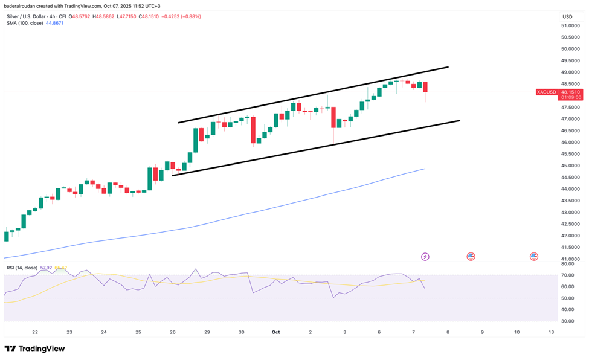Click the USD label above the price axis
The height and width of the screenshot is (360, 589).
tap(567, 16)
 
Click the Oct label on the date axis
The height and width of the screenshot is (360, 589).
tap(275, 332)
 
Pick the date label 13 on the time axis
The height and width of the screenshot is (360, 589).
tap(550, 332)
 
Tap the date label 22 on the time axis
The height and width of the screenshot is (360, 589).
tap(35, 332)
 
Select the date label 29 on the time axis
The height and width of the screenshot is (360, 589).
tap(207, 332)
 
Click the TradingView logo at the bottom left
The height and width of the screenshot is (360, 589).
tap(34, 349)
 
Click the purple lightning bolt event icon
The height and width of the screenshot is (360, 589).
tap(425, 257)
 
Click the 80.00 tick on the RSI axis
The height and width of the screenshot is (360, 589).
tap(567, 264)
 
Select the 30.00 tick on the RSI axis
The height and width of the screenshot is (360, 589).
tap(567, 321)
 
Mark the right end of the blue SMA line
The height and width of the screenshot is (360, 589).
tap(425, 169)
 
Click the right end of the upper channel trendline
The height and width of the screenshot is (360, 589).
tap(448, 67)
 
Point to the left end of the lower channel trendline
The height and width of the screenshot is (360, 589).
tap(173, 175)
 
